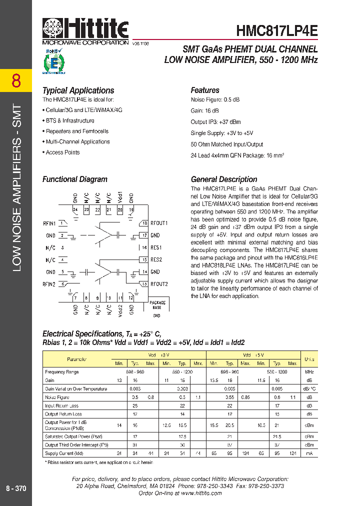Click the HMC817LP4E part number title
pos(276,30)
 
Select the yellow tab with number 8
pos(16,80)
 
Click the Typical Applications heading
pos(78,90)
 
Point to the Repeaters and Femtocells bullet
pos(75,131)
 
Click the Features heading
pos(205,90)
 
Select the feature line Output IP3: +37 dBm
pos(215,121)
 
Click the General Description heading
pos(224,179)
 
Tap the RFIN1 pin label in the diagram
pos(49,223)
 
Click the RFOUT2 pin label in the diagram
pos(159,284)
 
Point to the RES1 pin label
pos(156,247)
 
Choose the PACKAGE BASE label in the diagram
pos(156,305)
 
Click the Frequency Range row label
pos(62,372)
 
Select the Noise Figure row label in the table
pos(57,397)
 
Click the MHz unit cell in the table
pos(309,372)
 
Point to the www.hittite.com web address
pos(201,493)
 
